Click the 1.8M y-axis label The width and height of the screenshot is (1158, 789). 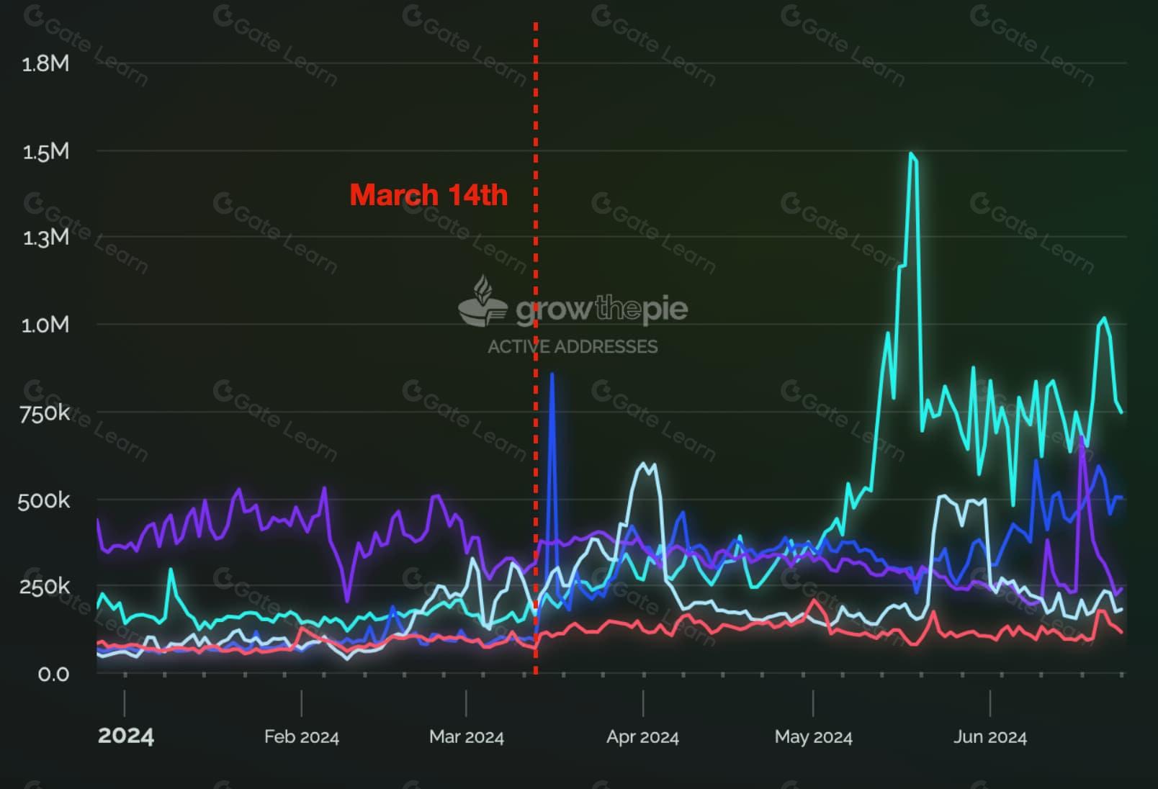(x=45, y=64)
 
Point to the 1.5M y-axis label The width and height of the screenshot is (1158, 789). (x=45, y=152)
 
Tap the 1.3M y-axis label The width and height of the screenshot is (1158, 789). (x=45, y=238)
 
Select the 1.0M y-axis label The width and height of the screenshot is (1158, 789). (x=45, y=325)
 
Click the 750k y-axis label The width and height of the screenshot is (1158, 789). (x=45, y=413)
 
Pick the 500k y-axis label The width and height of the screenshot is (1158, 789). (x=44, y=500)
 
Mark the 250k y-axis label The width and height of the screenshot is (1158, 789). (x=44, y=587)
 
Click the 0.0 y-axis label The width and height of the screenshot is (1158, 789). (x=53, y=675)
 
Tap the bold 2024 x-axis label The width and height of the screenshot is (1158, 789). (x=125, y=736)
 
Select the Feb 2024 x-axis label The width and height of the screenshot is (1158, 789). (x=301, y=737)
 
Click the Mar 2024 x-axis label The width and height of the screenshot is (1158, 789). (x=466, y=737)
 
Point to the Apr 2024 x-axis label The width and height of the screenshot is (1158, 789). (x=642, y=737)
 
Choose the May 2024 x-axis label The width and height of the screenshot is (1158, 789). (x=813, y=737)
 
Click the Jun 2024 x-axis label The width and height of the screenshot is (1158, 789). (x=990, y=737)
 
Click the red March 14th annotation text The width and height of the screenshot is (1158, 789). (x=428, y=195)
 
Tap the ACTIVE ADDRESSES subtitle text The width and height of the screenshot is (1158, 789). (x=573, y=347)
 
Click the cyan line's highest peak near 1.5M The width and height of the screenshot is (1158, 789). (x=912, y=153)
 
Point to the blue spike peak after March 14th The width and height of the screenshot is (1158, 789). (x=552, y=374)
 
